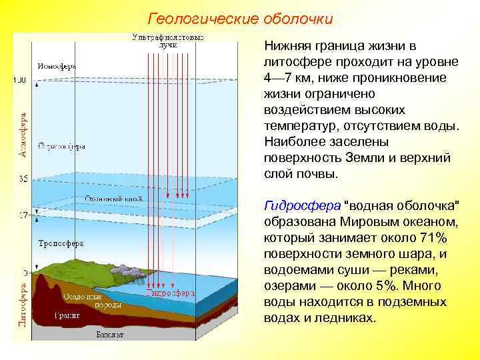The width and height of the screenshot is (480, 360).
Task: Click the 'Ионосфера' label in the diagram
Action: point(57,66)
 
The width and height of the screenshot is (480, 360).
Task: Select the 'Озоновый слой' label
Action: point(111,199)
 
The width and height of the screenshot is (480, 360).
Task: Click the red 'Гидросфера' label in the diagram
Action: point(169,292)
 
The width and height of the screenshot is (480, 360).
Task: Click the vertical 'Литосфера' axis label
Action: point(23,303)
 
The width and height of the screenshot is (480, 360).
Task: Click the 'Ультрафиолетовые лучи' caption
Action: point(168,39)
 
